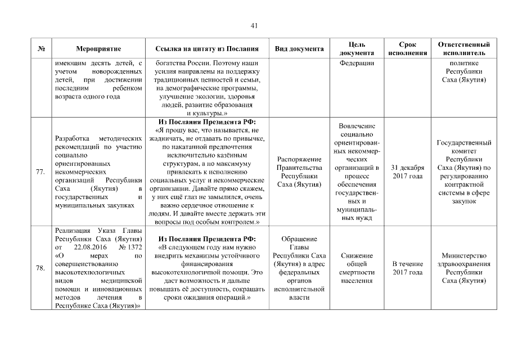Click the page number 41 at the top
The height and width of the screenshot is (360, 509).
[x=254, y=26]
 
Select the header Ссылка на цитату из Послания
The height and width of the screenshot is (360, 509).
[x=207, y=49]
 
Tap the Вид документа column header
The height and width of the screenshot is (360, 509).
[x=299, y=49]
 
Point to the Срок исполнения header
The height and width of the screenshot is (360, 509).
[x=407, y=49]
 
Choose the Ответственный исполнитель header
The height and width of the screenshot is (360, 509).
[x=464, y=49]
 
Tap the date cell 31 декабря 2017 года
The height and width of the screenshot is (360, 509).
[x=407, y=172]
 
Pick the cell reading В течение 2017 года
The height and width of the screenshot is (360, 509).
[x=407, y=268]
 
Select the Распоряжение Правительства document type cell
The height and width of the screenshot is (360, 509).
[x=299, y=172]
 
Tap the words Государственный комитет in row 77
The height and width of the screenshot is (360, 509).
[x=464, y=147]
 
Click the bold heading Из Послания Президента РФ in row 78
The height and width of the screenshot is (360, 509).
[x=207, y=239]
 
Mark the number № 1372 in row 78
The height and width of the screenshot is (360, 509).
[x=128, y=247]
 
